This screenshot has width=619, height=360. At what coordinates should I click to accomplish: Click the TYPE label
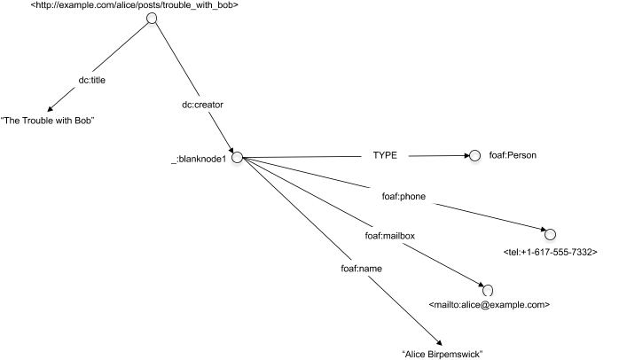[385, 155]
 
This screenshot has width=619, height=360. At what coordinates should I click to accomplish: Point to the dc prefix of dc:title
[82, 80]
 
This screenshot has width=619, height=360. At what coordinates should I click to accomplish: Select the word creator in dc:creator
[208, 105]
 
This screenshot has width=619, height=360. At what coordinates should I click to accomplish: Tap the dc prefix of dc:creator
[186, 105]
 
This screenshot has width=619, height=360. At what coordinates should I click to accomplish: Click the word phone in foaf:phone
[413, 196]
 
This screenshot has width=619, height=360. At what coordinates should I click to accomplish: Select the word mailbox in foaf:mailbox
[399, 236]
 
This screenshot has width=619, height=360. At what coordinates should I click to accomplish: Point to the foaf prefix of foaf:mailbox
[373, 236]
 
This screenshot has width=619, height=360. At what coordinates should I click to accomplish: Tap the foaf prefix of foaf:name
[349, 269]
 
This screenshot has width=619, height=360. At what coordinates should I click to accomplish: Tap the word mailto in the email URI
[447, 305]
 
